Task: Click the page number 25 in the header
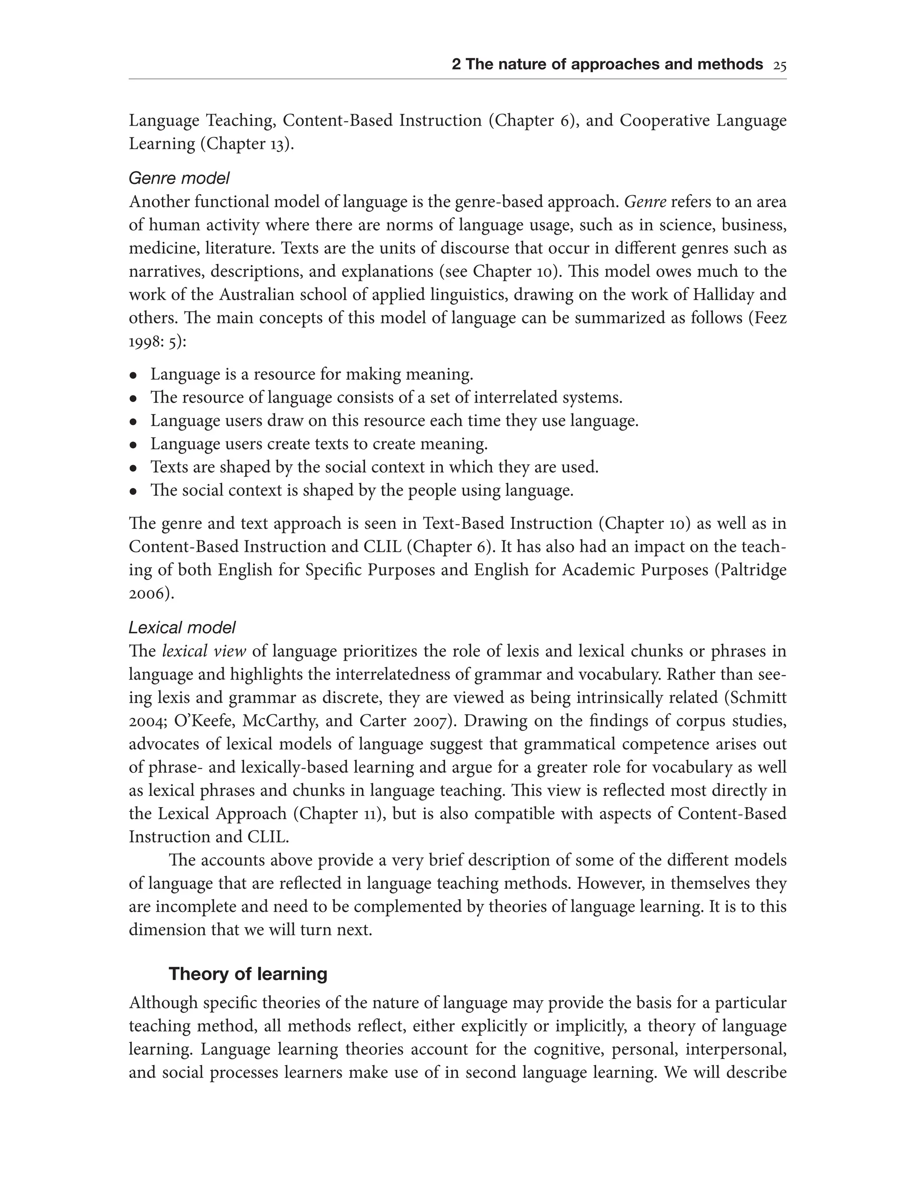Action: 779,65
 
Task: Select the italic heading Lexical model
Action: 182,628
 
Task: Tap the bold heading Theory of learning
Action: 248,974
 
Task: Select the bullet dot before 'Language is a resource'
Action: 132,376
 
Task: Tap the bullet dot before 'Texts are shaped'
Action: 132,468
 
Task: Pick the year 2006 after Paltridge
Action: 147,593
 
